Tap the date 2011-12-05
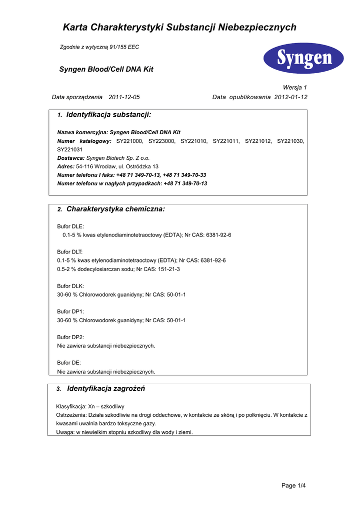(x=124, y=97)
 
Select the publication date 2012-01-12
(x=291, y=97)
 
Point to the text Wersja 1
(x=295, y=87)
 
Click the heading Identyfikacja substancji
(x=108, y=115)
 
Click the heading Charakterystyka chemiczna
(x=115, y=209)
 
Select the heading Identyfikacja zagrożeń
(x=106, y=389)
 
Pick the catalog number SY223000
(x=161, y=141)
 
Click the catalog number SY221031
(x=70, y=149)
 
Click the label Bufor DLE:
(x=70, y=226)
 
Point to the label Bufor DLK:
(x=70, y=286)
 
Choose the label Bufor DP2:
(x=70, y=337)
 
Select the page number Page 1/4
(x=293, y=485)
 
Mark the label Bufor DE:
(x=69, y=362)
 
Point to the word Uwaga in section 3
(x=64, y=432)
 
